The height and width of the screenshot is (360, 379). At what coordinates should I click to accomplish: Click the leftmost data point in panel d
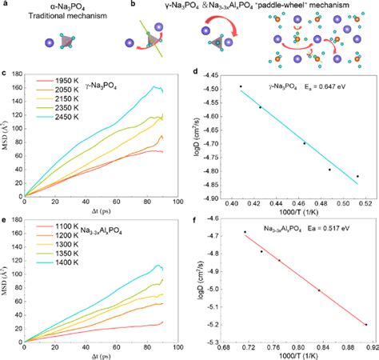click(x=241, y=86)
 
